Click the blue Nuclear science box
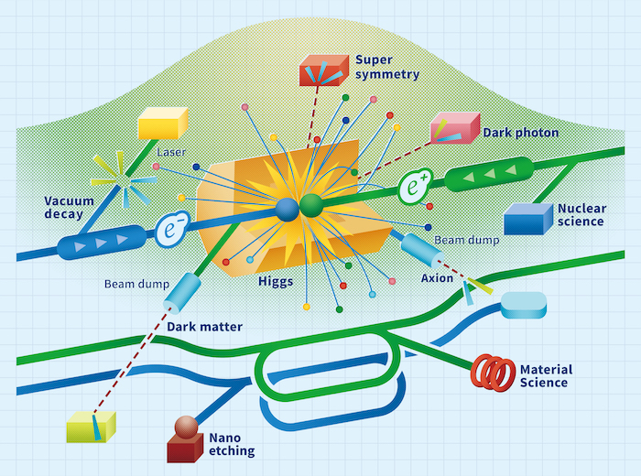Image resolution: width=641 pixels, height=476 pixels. pos(528,219)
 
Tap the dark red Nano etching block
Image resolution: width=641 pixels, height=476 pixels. pos(186,445)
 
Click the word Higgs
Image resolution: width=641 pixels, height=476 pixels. pos(276,282)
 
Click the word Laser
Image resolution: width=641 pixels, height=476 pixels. pos(172,152)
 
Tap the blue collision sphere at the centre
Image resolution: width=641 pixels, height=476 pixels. pos(288,209)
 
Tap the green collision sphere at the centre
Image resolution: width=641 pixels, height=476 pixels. pos(313,204)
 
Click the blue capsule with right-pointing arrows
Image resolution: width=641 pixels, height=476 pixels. pos(101,243)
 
